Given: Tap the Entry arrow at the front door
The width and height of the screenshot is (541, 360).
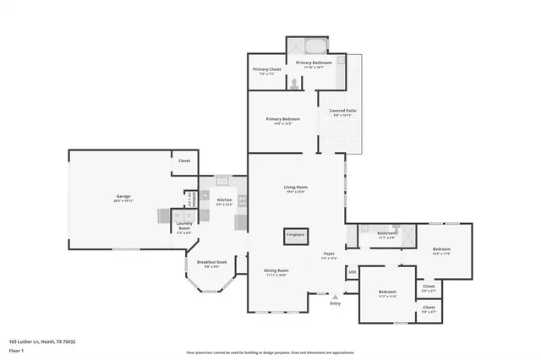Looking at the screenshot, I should point(336,297).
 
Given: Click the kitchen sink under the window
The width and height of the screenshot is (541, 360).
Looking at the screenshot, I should point(223,180).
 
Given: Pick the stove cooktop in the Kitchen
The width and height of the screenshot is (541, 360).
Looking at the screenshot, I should point(242,200).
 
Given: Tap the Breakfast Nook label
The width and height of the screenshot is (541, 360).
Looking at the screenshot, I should point(212,262).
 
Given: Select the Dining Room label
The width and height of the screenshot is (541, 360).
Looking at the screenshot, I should point(277,271).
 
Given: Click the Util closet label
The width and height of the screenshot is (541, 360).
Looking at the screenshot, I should point(352,271).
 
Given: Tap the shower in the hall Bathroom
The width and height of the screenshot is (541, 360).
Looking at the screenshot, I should point(405,234).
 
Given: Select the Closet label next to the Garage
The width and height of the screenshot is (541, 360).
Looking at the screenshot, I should point(184,160).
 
